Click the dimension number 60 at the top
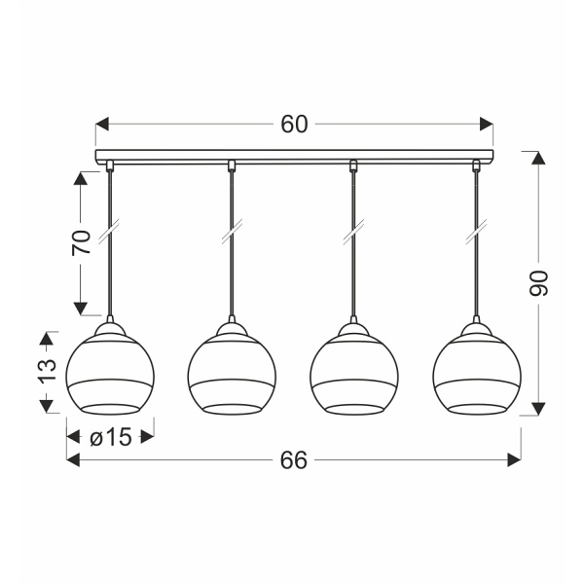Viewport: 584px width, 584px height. pyautogui.click(x=294, y=125)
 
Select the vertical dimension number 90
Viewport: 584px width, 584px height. pyautogui.click(x=540, y=282)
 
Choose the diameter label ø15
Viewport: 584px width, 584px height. pyautogui.click(x=109, y=438)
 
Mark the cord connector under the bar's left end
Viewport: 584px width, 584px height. pyautogui.click(x=109, y=166)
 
